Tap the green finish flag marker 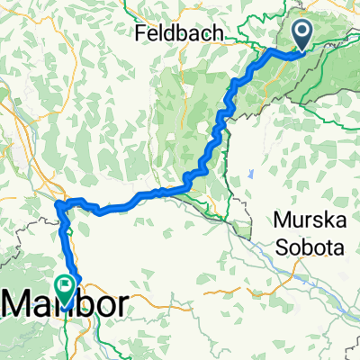66,286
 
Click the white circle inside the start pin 300,32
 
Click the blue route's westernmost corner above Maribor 57,208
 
